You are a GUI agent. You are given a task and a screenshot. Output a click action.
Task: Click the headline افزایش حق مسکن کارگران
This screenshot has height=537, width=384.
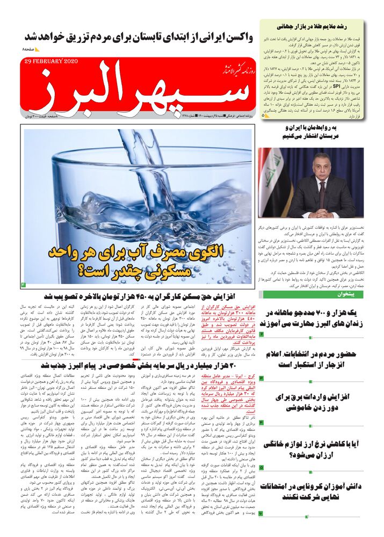click(140, 296)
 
